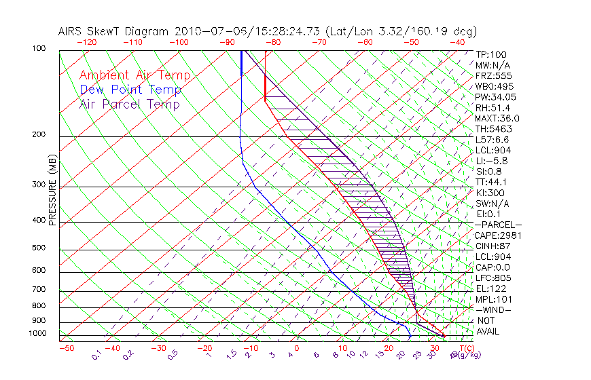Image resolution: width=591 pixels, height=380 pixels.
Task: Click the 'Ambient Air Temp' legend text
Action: click(135, 75)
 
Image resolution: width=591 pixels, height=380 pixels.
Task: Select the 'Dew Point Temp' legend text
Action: click(130, 90)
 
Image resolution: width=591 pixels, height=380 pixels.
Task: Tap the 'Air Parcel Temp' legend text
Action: click(129, 104)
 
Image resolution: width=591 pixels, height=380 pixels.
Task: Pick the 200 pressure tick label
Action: click(40, 134)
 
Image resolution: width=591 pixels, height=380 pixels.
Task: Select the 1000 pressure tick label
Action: click(38, 333)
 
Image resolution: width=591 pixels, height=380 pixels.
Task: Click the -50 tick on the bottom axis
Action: click(66, 348)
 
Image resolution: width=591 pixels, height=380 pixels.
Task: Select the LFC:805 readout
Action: click(493, 278)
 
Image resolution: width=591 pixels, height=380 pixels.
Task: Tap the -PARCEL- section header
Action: click(499, 225)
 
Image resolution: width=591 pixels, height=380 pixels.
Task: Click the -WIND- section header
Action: click(494, 309)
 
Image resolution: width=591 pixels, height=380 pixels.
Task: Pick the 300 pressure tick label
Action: click(40, 184)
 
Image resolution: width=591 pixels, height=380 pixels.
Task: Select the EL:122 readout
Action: click(491, 288)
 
